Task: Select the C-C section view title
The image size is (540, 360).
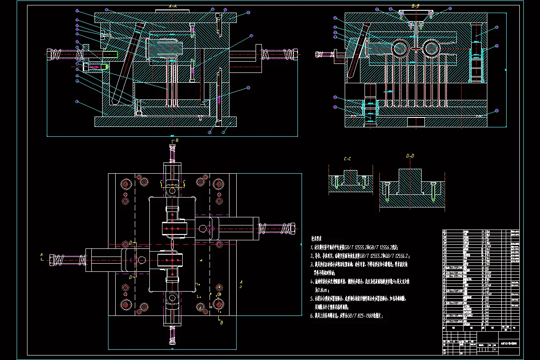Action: (x=347, y=158)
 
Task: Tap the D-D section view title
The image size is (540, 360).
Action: (x=410, y=156)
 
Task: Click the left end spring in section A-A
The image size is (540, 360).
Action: (x=55, y=54)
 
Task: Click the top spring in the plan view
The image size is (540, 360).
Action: (x=172, y=155)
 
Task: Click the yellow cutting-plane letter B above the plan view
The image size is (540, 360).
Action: (x=177, y=141)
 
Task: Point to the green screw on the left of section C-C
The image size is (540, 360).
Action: (x=336, y=182)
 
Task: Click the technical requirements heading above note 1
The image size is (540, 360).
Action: (x=317, y=240)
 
